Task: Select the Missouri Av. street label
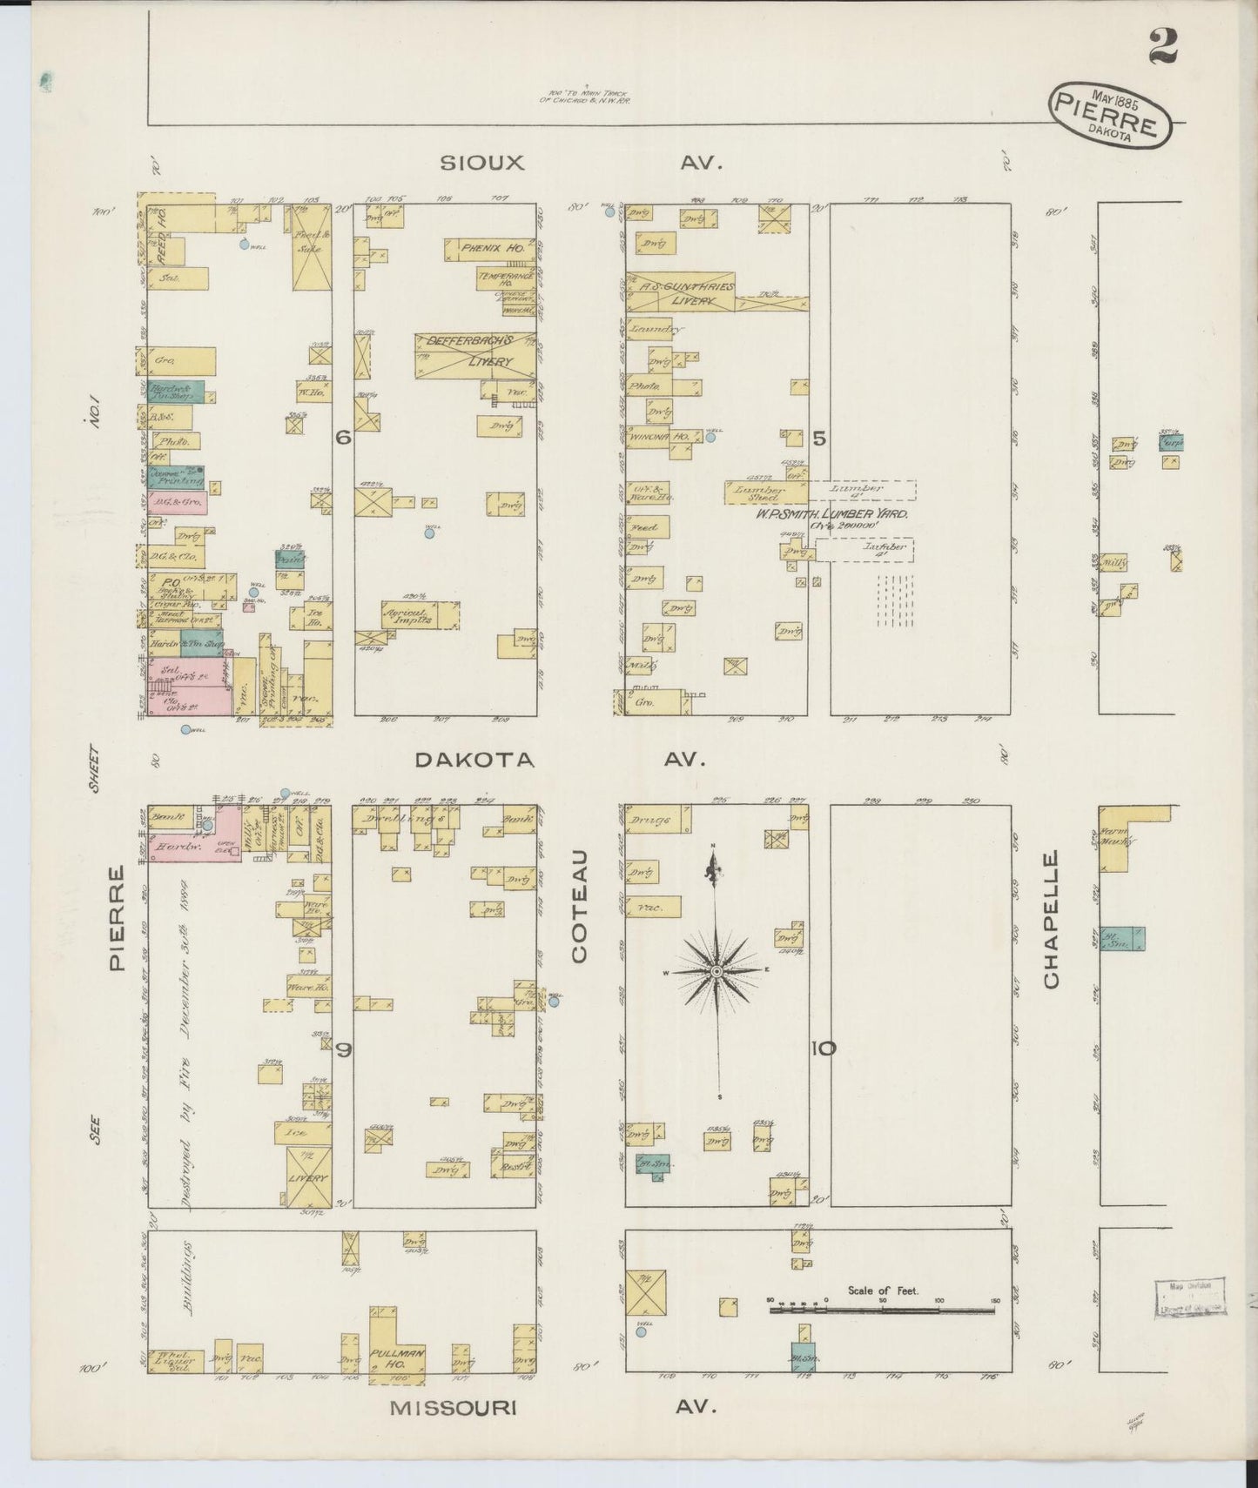point(552,1407)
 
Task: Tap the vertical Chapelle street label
point(1052,919)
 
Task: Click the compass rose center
point(716,970)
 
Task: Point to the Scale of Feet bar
point(883,1309)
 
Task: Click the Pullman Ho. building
point(396,1355)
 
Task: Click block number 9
point(343,1050)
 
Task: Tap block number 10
point(824,1049)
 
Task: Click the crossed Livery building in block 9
point(309,1176)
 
